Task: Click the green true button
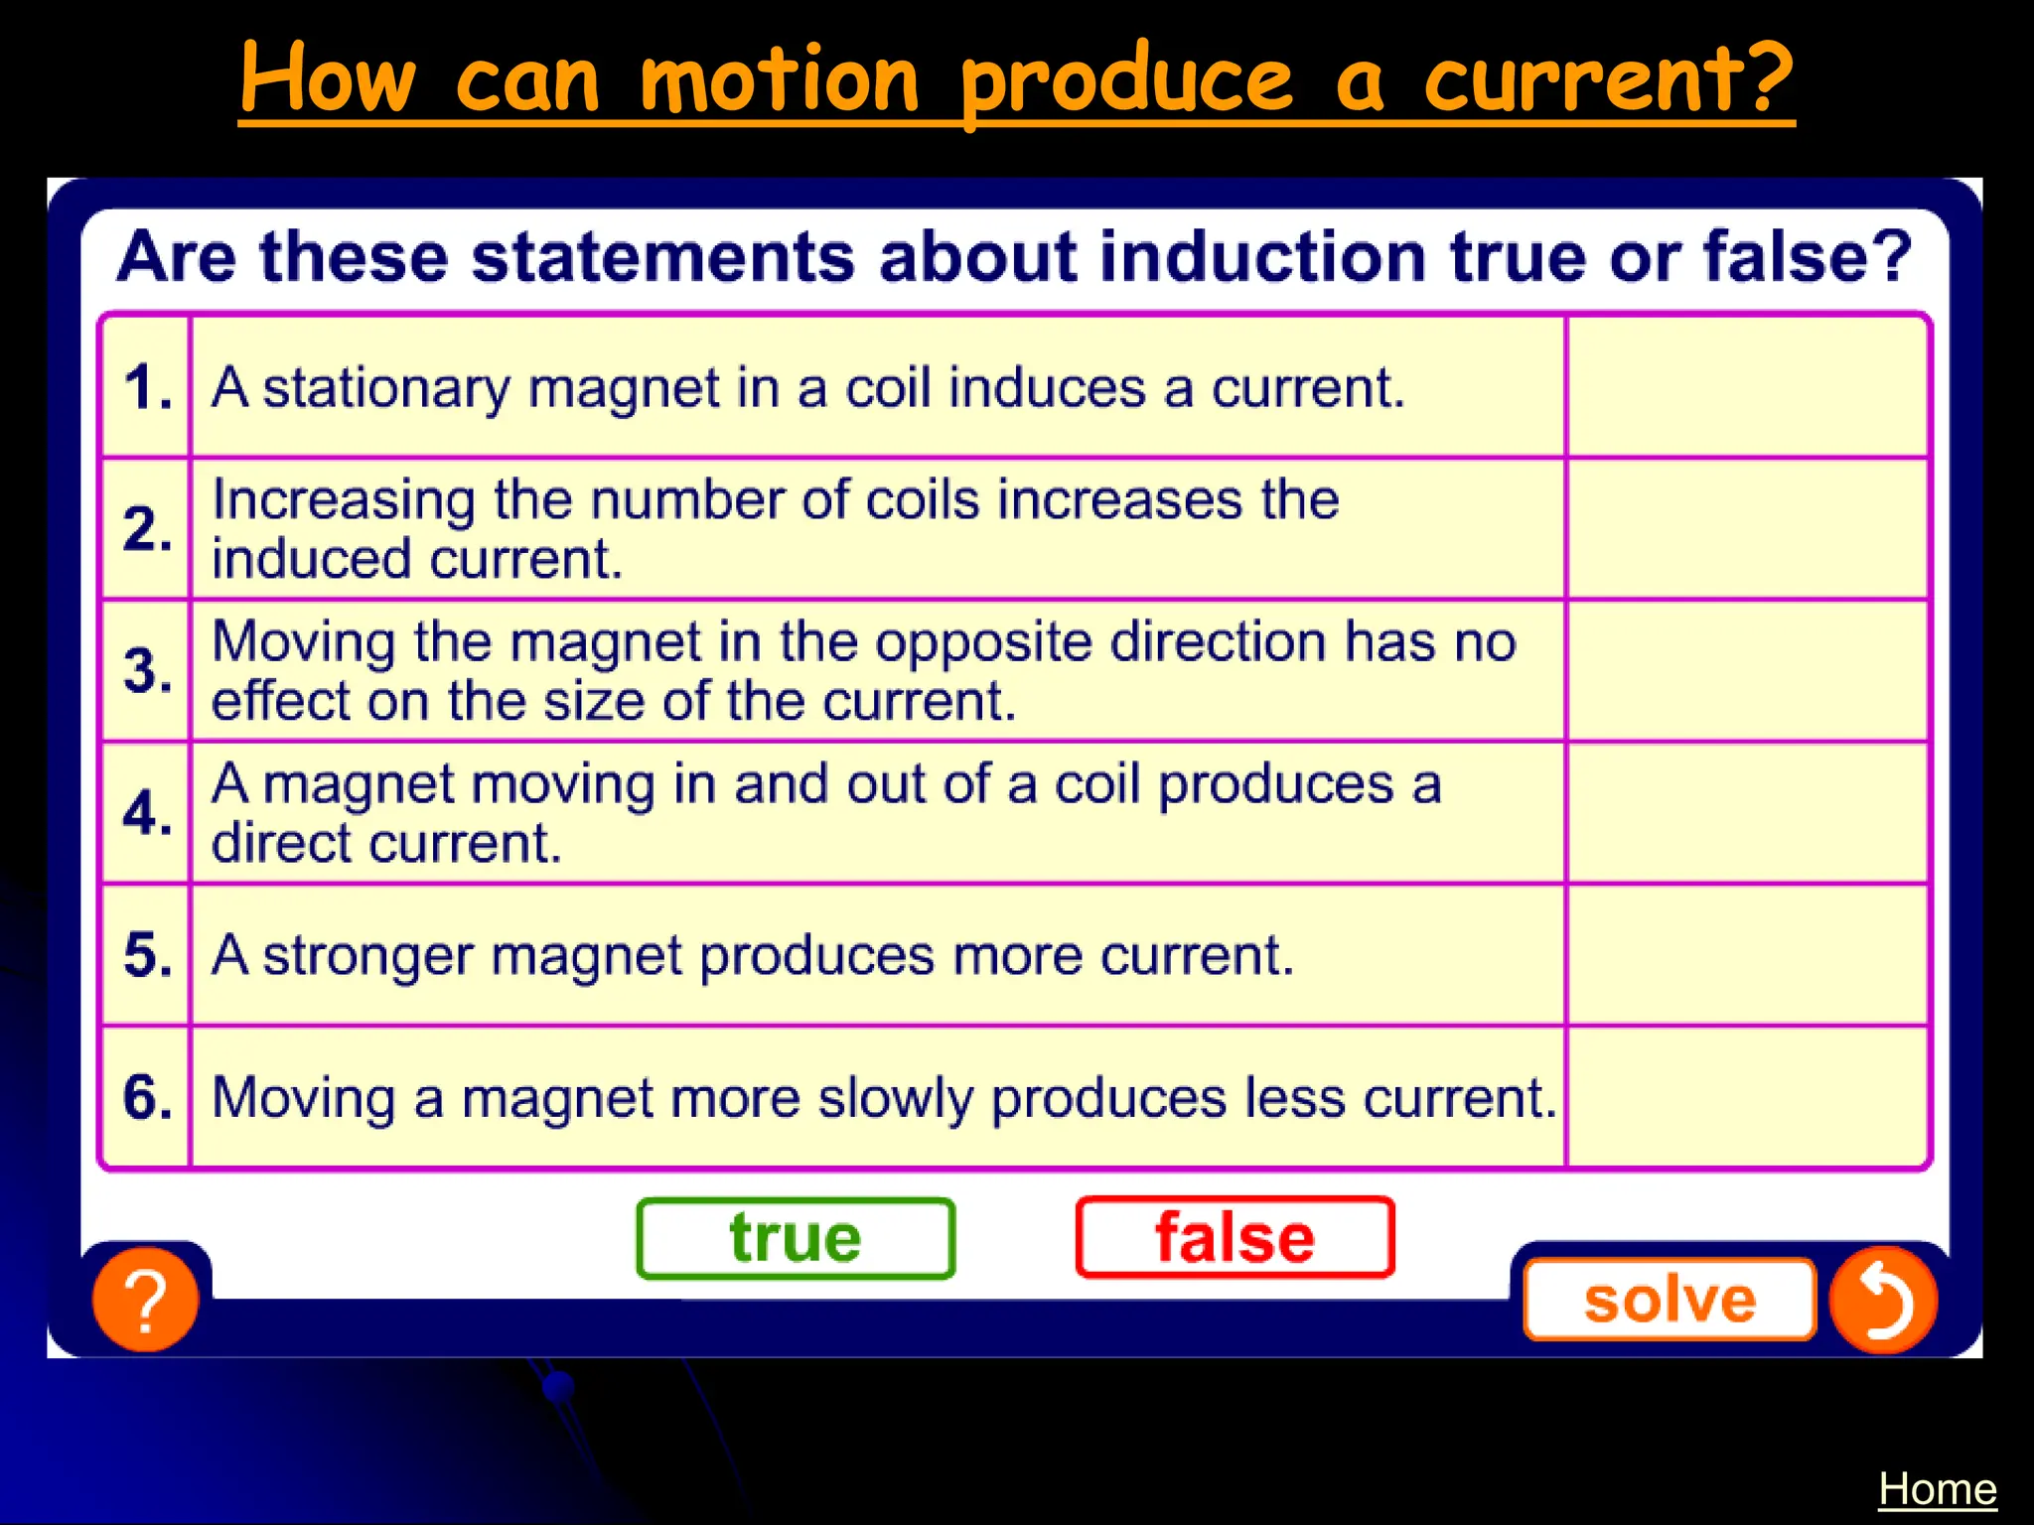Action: [x=796, y=1238]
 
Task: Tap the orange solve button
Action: [x=1670, y=1300]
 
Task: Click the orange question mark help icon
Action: [x=145, y=1300]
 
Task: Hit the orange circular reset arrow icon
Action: [x=1883, y=1300]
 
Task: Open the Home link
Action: [x=1937, y=1489]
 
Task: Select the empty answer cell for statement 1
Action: [x=1747, y=387]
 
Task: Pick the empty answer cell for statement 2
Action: [x=1747, y=528]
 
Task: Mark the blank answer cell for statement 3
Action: [x=1747, y=670]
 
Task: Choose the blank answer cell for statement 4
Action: [x=1747, y=812]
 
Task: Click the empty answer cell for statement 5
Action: [x=1747, y=955]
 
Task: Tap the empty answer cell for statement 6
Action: [x=1747, y=1097]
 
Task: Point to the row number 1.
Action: [x=147, y=387]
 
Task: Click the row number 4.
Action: [x=147, y=813]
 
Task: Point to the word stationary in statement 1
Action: [x=386, y=388]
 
